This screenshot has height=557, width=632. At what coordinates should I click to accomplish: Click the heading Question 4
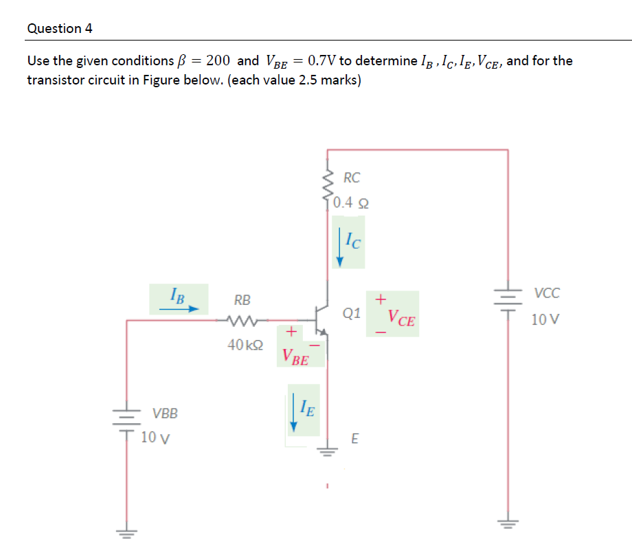pos(60,29)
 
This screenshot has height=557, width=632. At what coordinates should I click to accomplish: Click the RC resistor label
pos(351,178)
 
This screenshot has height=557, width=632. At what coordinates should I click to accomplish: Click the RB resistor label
pos(242,300)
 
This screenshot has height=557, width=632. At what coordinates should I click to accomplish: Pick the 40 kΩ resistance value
pos(245,344)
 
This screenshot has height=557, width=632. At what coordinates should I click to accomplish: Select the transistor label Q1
pos(351,314)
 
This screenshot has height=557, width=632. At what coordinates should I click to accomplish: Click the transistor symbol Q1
pos(320,319)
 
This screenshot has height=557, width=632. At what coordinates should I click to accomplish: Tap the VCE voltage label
pos(401,318)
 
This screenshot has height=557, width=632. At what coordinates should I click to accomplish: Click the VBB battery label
pos(165,413)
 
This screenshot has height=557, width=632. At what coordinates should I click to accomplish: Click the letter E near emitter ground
pos(354,438)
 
